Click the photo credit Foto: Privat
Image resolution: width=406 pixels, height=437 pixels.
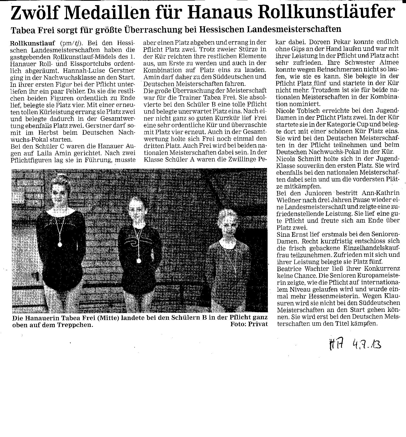click(x=249, y=324)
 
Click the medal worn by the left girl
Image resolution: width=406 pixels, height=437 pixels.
click(x=59, y=244)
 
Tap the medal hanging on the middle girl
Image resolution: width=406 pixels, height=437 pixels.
click(x=138, y=261)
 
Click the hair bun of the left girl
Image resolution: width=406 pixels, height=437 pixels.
click(x=60, y=177)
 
